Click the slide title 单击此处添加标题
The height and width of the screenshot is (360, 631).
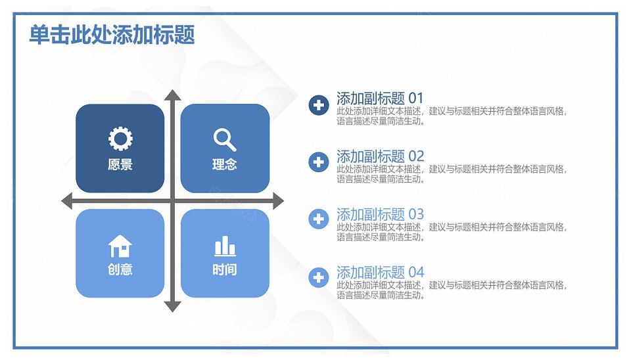point(112,35)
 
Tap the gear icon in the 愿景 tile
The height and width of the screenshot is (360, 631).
point(120,139)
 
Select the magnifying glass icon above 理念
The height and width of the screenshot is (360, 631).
point(225,139)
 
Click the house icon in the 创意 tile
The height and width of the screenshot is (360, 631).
point(120,246)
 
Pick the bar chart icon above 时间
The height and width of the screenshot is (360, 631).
point(225,246)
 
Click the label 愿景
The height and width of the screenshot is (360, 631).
point(120,164)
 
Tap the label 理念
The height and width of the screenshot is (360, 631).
point(225,164)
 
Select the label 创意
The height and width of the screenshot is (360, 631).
point(120,269)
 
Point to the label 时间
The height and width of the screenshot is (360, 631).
point(225,269)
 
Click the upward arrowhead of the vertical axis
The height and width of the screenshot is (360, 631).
point(173,95)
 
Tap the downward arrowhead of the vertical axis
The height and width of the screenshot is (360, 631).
point(173,307)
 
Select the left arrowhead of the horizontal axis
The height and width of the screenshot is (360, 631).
point(67,201)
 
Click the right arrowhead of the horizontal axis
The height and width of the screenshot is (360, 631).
point(279,201)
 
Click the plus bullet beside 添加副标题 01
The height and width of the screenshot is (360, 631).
point(319,105)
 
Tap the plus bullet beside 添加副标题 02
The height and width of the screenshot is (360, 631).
point(319,162)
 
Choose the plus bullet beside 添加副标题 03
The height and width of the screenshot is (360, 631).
point(319,219)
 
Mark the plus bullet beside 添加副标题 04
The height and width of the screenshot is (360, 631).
point(319,277)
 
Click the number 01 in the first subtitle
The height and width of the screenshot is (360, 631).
point(416,99)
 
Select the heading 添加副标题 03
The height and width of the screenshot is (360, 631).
point(381,214)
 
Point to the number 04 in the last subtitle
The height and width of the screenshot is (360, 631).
point(417,273)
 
